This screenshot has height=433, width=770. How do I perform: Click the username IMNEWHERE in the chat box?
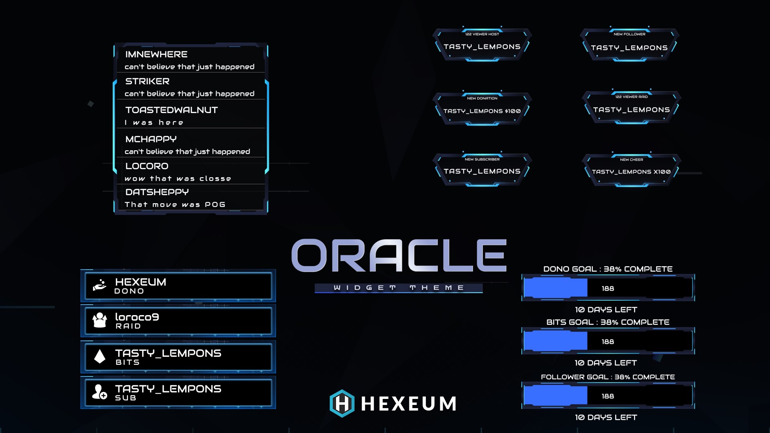pos(156,55)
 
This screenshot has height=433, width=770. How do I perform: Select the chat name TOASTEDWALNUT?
pos(172,110)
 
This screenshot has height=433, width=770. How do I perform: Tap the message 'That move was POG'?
pos(175,204)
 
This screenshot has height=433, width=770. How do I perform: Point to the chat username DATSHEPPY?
pos(157,192)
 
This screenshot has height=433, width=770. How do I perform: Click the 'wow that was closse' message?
pos(178,178)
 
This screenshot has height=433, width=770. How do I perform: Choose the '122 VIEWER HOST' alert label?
pos(482,34)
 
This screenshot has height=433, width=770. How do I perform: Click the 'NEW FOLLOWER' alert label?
pos(630,34)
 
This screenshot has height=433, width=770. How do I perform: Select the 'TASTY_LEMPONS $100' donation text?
pos(482,111)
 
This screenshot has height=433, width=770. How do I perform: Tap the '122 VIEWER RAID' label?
pos(632,97)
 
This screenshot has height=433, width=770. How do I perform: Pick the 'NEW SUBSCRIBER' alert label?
pos(482,159)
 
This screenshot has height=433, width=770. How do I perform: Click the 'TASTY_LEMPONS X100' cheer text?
pos(631,172)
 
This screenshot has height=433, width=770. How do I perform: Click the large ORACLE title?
pos(399,255)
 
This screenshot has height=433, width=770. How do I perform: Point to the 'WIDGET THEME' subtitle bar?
pos(399,288)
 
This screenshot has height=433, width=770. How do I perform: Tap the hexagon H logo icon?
pos(342,403)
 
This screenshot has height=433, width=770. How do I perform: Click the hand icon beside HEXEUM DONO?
pos(99,285)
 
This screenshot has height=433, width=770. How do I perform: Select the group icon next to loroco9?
pos(99,320)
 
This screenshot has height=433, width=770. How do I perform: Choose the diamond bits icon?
pos(99,356)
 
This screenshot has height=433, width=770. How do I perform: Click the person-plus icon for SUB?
pos(99,392)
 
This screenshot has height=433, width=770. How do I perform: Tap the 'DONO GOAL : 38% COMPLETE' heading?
pos(608,269)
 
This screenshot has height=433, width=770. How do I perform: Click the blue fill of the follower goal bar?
pos(556,396)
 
